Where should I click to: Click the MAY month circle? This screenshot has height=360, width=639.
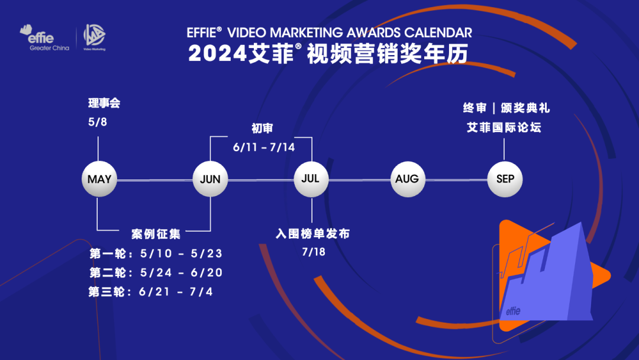click(x=99, y=179)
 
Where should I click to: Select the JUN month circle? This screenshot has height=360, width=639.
click(x=210, y=179)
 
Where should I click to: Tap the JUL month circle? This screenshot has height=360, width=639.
click(x=311, y=179)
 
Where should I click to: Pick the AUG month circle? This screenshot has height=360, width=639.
click(x=408, y=179)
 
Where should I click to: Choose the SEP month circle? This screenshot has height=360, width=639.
click(x=505, y=179)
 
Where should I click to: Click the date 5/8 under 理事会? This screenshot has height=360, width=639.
click(x=98, y=122)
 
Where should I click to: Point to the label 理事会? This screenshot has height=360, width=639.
click(x=104, y=103)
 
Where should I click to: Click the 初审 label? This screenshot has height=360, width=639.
click(x=262, y=128)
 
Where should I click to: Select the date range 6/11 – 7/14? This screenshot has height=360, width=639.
click(x=264, y=147)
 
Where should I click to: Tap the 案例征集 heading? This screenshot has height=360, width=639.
click(x=156, y=234)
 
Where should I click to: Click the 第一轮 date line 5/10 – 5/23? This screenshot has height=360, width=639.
click(x=156, y=253)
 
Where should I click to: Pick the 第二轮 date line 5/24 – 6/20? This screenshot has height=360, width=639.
click(x=156, y=272)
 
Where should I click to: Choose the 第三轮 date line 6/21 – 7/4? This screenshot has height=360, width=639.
click(x=151, y=291)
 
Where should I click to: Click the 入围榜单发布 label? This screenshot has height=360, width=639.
click(x=313, y=234)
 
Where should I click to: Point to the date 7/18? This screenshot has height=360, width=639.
click(x=314, y=252)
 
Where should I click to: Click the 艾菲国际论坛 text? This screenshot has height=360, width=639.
click(x=504, y=128)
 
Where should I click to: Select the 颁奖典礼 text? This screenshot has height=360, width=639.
click(x=525, y=108)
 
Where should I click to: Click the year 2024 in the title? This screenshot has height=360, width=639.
click(x=218, y=54)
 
